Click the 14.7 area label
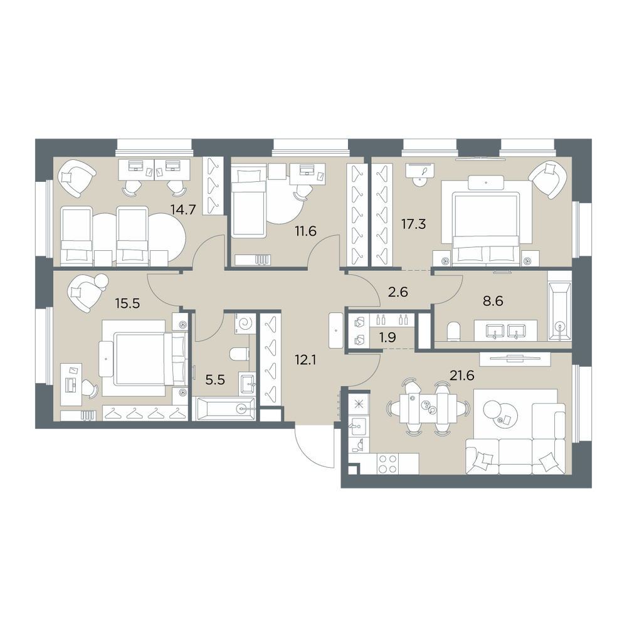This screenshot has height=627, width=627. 182,209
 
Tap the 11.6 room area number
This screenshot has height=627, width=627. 305,231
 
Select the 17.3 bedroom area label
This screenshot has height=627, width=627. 413,224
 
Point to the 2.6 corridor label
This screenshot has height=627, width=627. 398,292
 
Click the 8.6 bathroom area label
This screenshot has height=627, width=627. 493,301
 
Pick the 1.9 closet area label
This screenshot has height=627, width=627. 387,338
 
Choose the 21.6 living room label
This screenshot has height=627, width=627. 461,376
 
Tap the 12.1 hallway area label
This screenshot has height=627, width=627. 305,361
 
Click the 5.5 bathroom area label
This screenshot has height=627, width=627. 215,379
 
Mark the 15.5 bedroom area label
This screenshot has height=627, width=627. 127,303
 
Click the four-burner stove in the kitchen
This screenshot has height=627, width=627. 387,464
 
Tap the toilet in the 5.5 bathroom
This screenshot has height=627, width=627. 240,354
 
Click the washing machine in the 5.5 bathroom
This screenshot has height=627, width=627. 245,322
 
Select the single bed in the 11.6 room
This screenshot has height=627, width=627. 248,201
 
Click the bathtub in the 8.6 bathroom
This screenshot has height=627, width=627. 559,312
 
